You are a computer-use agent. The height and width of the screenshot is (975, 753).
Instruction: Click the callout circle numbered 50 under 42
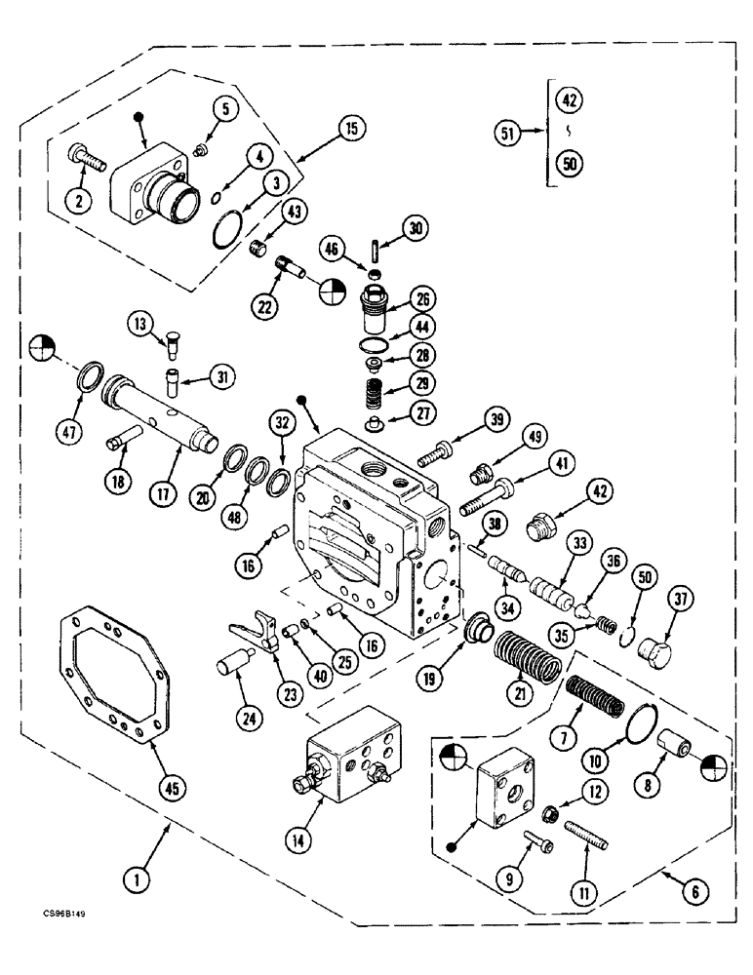click(570, 164)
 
